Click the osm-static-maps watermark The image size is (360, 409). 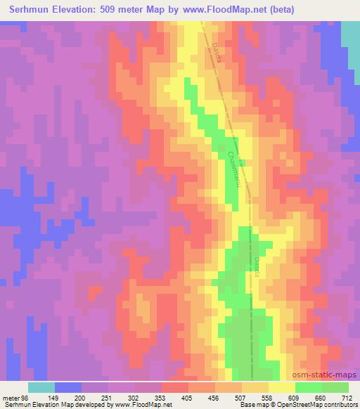pyautogui.click(x=330, y=374)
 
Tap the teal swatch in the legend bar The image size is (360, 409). pyautogui.click(x=41, y=387)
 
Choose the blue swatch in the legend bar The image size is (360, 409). pyautogui.click(x=68, y=387)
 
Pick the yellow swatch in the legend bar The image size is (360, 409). pyautogui.click(x=282, y=387)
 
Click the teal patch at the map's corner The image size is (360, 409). pyautogui.click(x=350, y=42)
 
